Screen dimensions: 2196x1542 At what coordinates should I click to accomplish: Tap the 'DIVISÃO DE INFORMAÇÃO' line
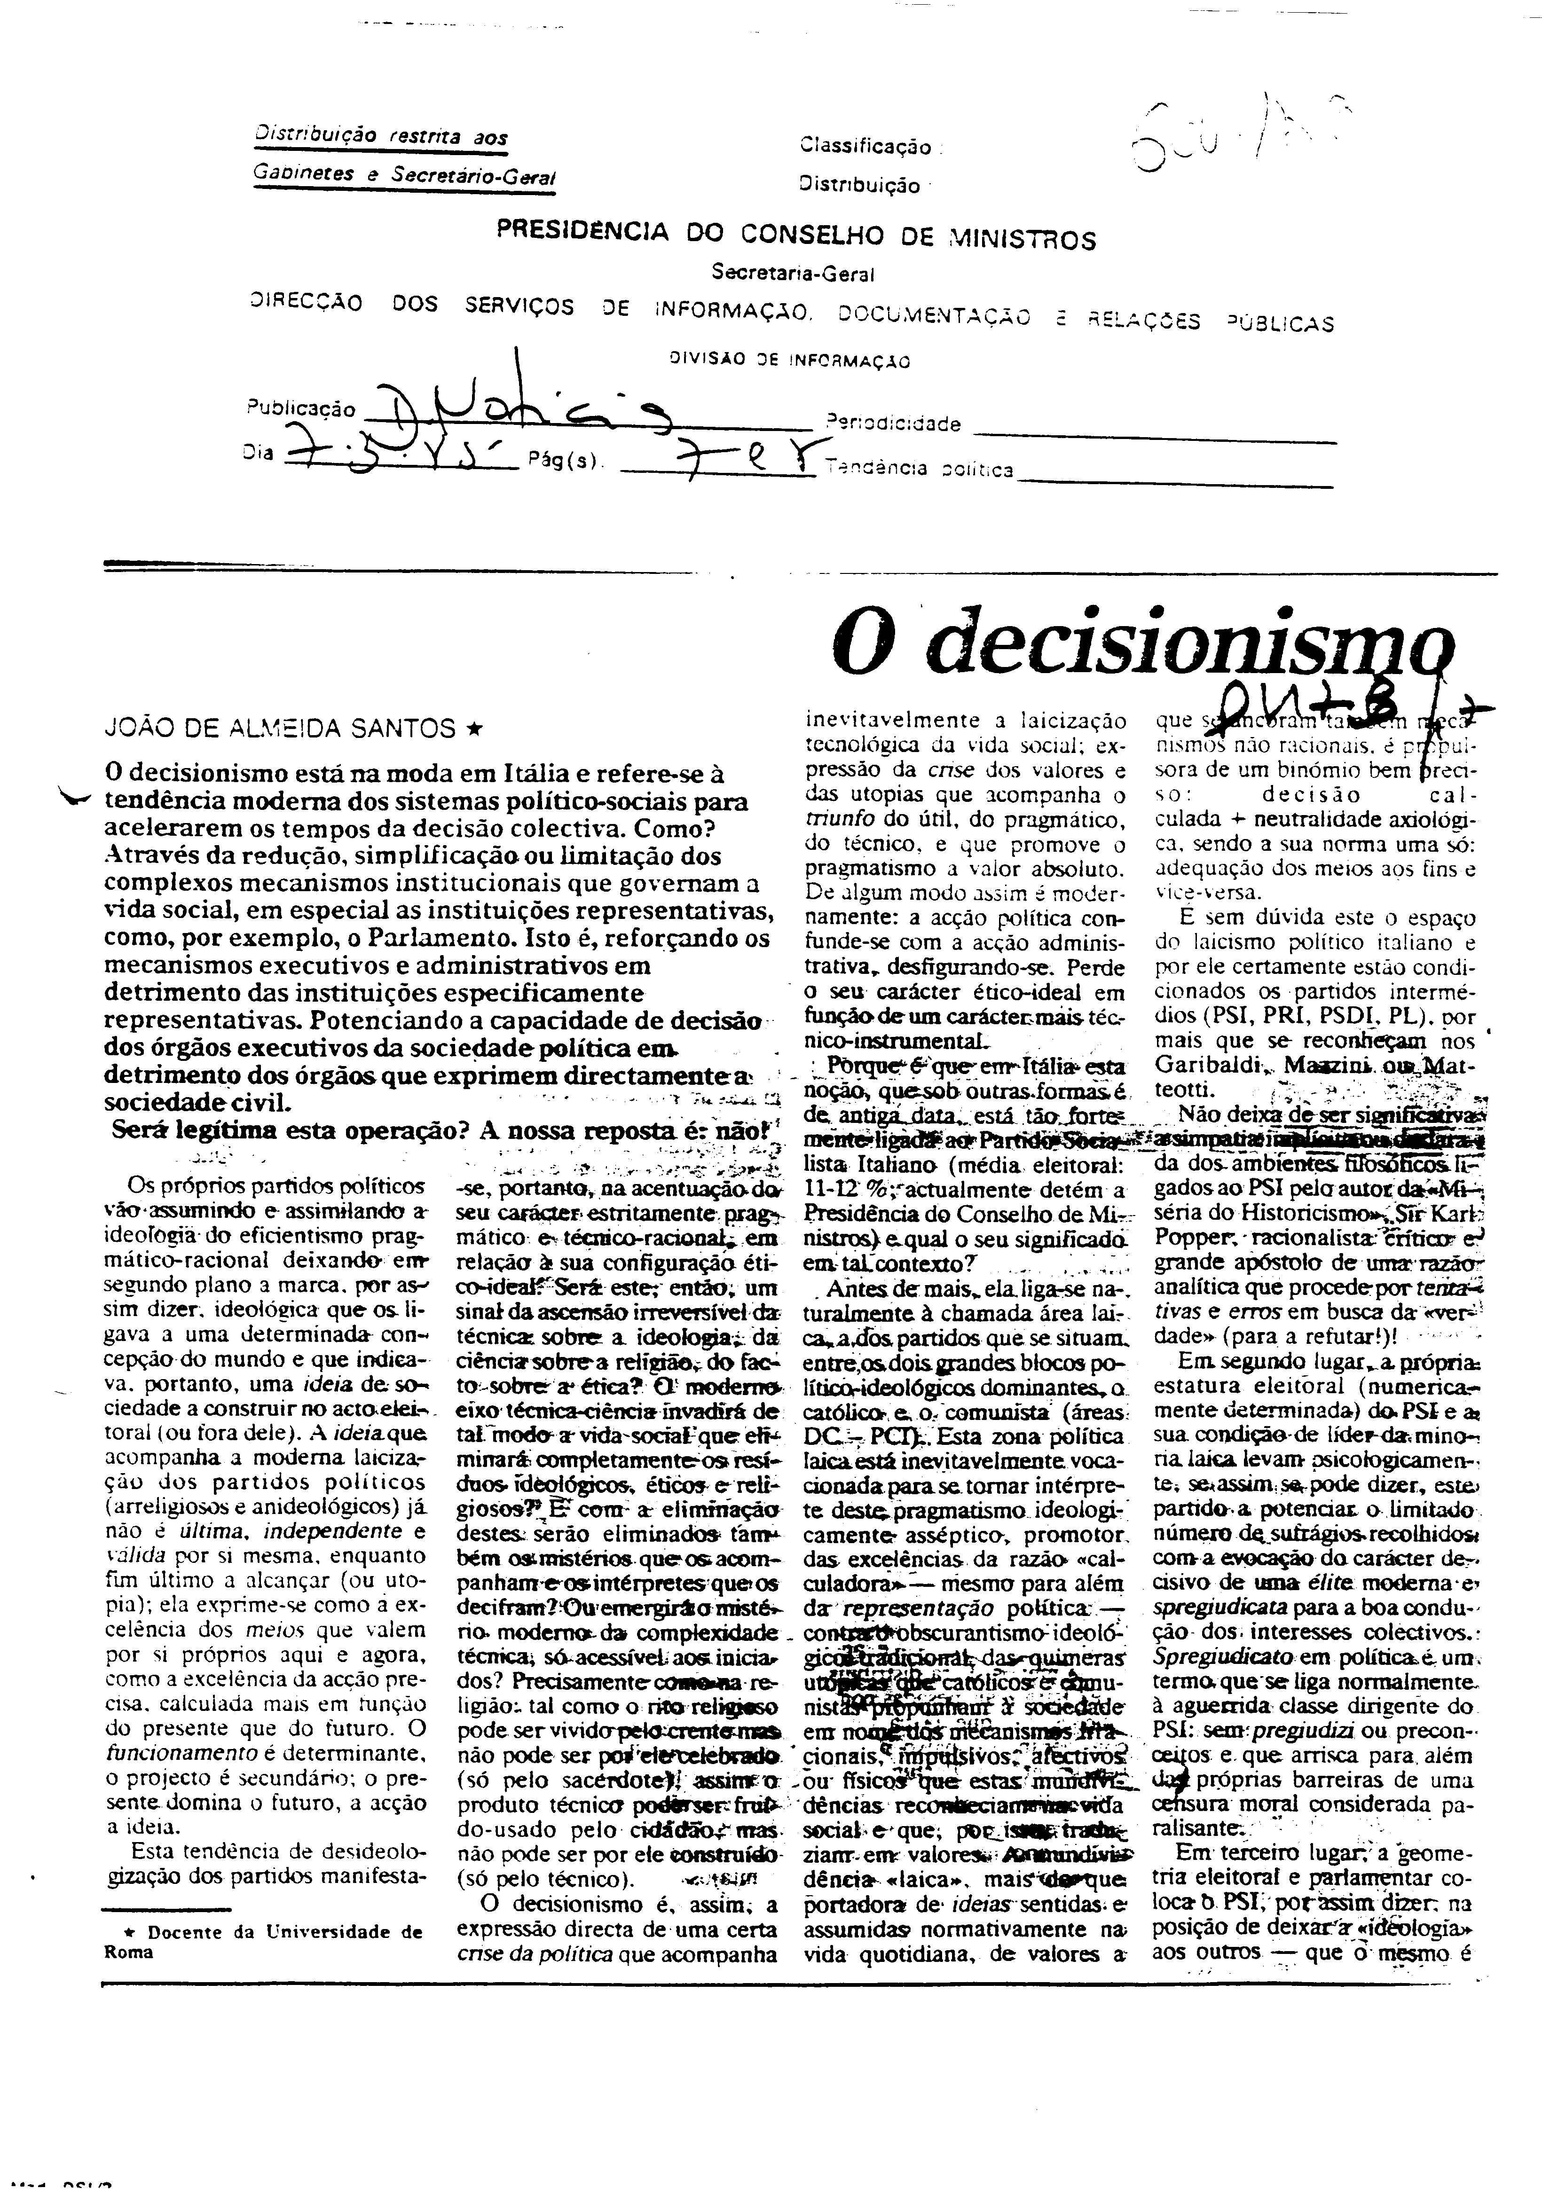coord(789,361)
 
